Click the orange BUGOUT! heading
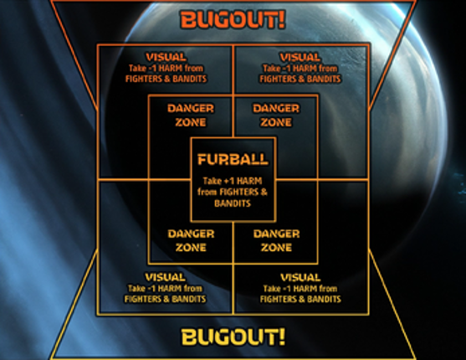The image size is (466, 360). click(x=233, y=19)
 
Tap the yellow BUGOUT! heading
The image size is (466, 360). click(x=233, y=337)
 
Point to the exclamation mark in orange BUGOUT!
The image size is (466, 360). click(x=281, y=19)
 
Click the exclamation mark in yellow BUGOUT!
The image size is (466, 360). click(x=281, y=337)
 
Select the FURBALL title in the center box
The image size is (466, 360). click(x=233, y=159)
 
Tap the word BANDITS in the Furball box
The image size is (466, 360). click(x=233, y=203)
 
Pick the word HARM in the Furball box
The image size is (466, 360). click(x=249, y=181)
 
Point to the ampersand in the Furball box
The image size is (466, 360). click(x=264, y=193)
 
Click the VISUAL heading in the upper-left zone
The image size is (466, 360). click(x=166, y=57)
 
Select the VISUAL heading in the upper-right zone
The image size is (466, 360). click(x=300, y=57)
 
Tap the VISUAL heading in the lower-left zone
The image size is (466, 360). click(x=166, y=277)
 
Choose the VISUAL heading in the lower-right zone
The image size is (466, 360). click(x=300, y=278)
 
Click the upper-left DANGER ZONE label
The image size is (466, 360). click(x=191, y=116)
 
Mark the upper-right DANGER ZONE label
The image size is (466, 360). click(x=276, y=116)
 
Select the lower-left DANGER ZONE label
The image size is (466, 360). click(x=191, y=240)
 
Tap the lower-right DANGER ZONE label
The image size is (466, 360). click(x=276, y=240)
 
